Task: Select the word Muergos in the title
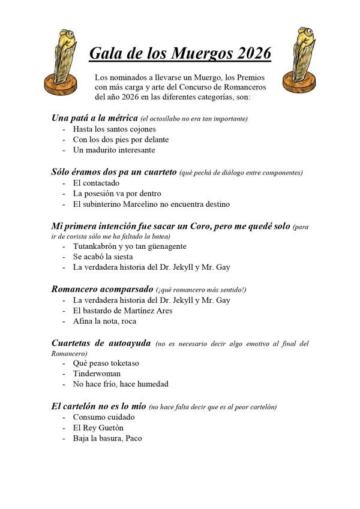click(194, 53)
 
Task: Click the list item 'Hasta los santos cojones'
click(115, 129)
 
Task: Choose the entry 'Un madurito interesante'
click(113, 150)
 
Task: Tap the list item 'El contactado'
click(96, 183)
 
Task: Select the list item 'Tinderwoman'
click(97, 374)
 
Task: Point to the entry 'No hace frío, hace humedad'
click(121, 384)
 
